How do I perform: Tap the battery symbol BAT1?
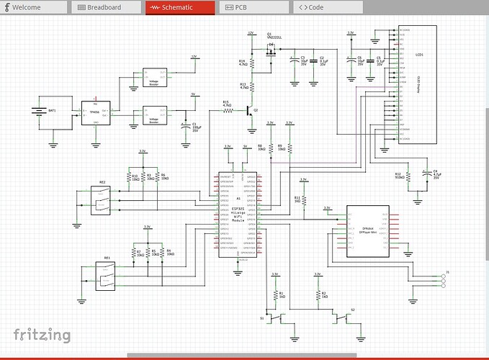(x=37, y=112)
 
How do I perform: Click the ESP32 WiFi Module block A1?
(x=238, y=215)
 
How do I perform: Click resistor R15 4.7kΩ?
(x=228, y=112)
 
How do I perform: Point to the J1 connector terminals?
(x=440, y=278)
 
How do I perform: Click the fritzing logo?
(x=42, y=335)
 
